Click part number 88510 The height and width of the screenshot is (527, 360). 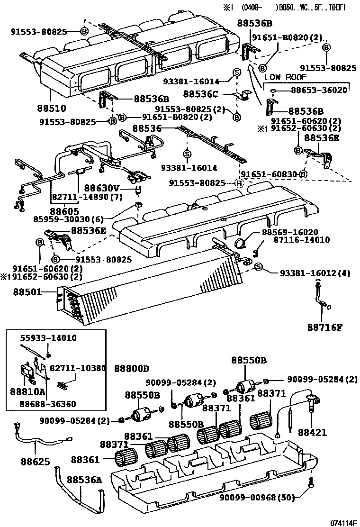tap(53, 108)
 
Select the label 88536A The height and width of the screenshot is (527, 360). tap(84, 480)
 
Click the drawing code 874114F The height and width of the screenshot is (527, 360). tap(342, 523)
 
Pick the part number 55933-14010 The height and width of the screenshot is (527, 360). tap(48, 338)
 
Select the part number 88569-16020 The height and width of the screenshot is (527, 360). tap(290, 232)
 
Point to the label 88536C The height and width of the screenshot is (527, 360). tap(200, 94)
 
